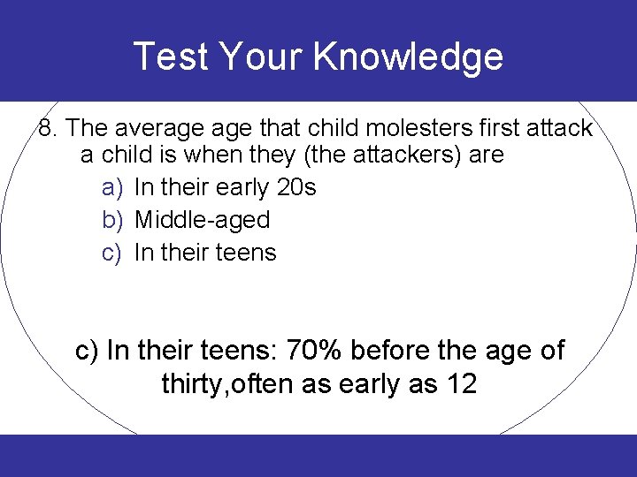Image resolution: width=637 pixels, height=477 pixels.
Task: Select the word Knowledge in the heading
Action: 408,57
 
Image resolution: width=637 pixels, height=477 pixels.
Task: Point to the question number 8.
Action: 48,128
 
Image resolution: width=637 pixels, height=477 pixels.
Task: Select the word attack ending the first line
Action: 559,128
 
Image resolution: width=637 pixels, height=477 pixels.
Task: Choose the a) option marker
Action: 111,188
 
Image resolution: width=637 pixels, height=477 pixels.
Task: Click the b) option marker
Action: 111,220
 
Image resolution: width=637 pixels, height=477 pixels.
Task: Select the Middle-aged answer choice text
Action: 202,220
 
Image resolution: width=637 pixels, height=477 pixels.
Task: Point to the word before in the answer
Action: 396,351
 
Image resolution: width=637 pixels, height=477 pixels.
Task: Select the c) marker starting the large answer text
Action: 87,351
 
